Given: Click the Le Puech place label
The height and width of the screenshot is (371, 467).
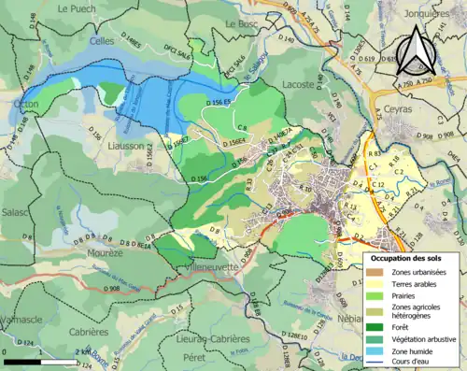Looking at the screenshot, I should coord(77,8).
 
